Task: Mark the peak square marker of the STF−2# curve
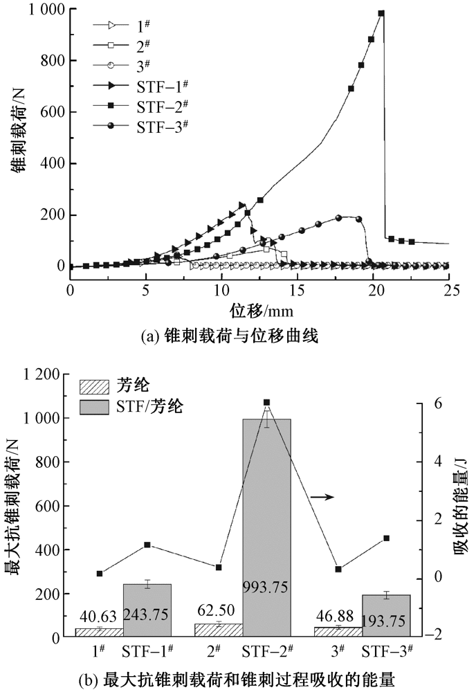[381, 13]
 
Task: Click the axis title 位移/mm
[259, 305]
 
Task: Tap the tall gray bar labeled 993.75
[267, 526]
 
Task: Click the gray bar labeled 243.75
[147, 609]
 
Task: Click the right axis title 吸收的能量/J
[459, 505]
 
